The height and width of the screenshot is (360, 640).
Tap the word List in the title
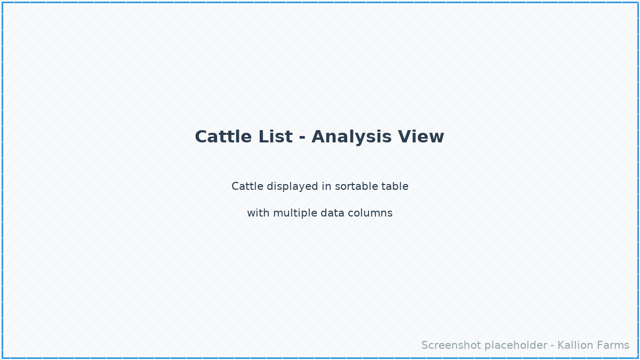(275, 137)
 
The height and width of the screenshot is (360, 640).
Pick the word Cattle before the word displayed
(247, 187)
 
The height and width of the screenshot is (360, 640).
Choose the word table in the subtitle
(395, 187)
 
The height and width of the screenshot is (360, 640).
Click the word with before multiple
(258, 213)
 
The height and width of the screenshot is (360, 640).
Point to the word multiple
(295, 213)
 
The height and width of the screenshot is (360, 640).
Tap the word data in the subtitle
(333, 213)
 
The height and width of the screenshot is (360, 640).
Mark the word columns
(370, 213)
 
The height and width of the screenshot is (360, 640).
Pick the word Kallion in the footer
(575, 346)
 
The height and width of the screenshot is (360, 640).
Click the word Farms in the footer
(613, 346)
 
